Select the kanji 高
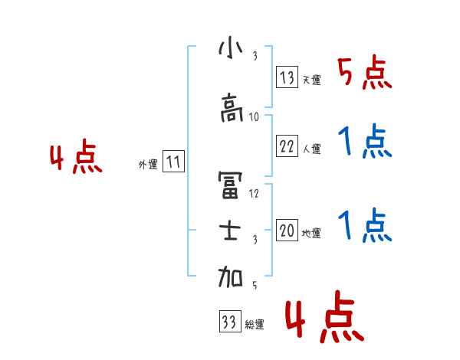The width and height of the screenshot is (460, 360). tap(230, 110)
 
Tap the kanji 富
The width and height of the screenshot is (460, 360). tap(230, 183)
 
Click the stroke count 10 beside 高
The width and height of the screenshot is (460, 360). tap(255, 117)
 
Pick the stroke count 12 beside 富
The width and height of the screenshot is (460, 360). tap(255, 192)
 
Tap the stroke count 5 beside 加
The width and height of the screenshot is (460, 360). tap(255, 285)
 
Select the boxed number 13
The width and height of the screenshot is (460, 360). tap(287, 77)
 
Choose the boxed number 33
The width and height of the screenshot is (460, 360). tap(228, 322)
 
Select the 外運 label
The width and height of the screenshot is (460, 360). tap(147, 164)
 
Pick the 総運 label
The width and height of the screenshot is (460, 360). tap(254, 324)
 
